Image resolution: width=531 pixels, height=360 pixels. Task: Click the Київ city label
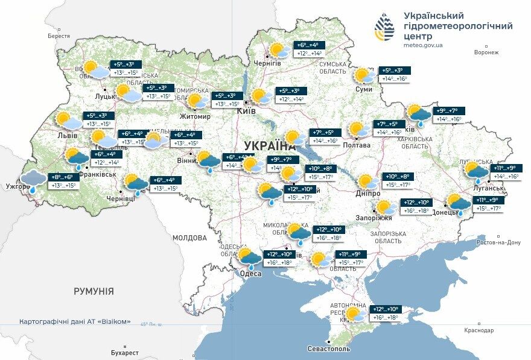tap(244, 112)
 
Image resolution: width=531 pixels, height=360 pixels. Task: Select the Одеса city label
tap(250, 273)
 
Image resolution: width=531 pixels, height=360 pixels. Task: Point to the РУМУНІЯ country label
tap(94, 291)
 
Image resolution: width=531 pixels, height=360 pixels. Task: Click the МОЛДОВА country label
tap(190, 238)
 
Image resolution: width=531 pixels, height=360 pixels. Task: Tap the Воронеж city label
tap(486, 52)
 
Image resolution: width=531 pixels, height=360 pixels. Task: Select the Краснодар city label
tap(479, 330)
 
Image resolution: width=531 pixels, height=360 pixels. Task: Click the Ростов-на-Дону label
tap(498, 242)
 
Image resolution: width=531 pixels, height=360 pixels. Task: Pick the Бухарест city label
tap(125, 352)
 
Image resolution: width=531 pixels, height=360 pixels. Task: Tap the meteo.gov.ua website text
tap(423, 45)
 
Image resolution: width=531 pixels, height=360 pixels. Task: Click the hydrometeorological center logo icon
tap(385, 30)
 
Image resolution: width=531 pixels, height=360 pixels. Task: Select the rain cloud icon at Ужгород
tap(34, 180)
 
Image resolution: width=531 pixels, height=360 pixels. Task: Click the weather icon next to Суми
tap(364, 75)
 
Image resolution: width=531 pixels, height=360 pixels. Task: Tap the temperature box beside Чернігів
tap(310, 49)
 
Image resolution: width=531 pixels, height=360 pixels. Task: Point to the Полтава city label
tap(356, 145)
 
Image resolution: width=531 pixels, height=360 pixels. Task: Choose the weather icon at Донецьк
tap(459, 204)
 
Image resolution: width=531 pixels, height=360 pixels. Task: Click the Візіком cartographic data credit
tap(75, 321)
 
